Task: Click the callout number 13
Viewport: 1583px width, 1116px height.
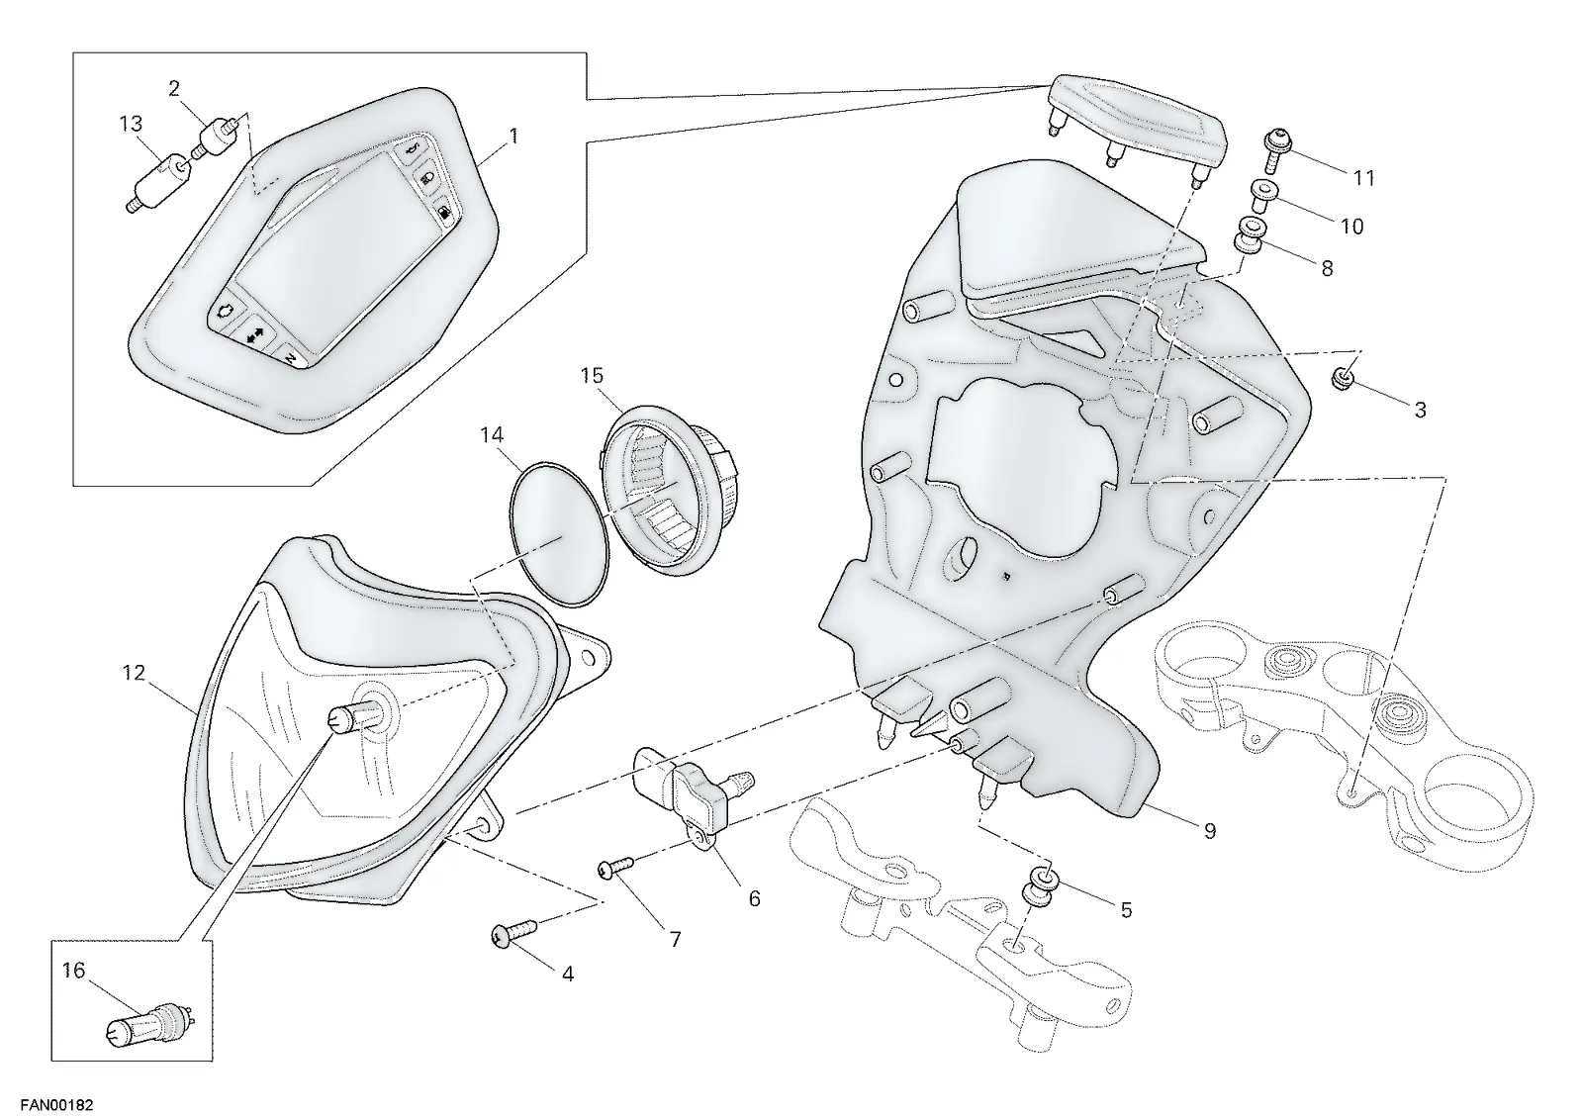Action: coord(131,125)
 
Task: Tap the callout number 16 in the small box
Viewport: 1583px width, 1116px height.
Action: coord(73,971)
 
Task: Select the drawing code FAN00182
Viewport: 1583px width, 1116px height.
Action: coord(56,1105)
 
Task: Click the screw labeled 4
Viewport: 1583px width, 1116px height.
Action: coord(513,932)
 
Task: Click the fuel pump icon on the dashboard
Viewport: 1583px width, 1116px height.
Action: coord(444,212)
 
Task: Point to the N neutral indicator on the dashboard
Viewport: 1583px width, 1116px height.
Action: coord(291,357)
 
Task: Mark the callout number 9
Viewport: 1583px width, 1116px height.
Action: coord(1210,831)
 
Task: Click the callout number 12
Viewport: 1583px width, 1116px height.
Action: coord(134,673)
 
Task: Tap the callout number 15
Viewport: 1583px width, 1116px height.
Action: coord(593,375)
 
